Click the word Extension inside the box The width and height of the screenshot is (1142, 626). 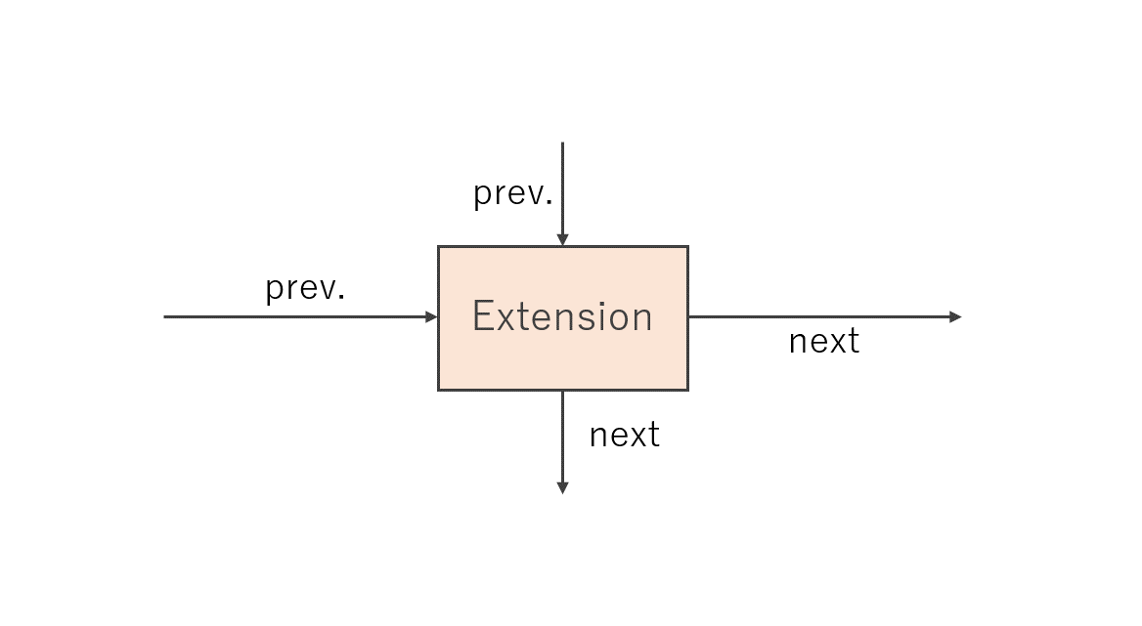(x=562, y=316)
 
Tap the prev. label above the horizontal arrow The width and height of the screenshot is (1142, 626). (x=305, y=289)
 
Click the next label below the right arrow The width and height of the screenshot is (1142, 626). (x=823, y=341)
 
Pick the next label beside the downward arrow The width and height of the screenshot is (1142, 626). (x=624, y=435)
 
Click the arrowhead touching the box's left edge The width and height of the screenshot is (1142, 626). (x=431, y=317)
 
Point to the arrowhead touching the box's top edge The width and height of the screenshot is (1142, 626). (x=562, y=240)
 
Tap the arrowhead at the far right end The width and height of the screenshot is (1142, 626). (x=955, y=317)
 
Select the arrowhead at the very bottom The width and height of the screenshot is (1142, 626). (x=562, y=488)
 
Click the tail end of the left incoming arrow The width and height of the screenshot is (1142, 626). (x=164, y=317)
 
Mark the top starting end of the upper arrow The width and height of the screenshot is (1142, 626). (x=562, y=144)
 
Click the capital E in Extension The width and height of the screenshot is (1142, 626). (x=482, y=316)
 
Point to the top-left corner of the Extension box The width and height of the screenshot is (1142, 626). (x=438, y=246)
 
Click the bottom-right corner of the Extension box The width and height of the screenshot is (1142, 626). (x=687, y=390)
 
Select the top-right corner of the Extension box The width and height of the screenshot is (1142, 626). (x=687, y=246)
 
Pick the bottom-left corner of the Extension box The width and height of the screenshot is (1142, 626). (x=438, y=390)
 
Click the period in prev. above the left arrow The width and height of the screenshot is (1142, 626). (x=341, y=297)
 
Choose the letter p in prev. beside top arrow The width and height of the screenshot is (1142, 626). (x=483, y=197)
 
